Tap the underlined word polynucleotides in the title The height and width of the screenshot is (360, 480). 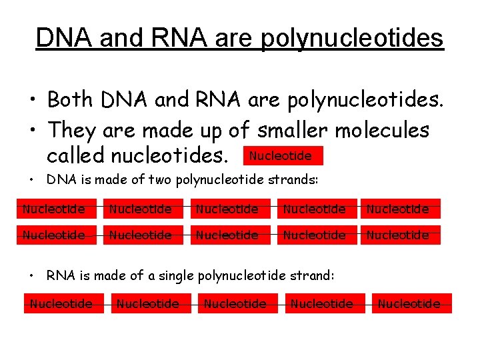pos(352,39)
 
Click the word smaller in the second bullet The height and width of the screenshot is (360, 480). pos(293,129)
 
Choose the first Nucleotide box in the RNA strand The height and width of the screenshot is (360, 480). pos(61,303)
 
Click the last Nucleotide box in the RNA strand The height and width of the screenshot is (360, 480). pos(409,303)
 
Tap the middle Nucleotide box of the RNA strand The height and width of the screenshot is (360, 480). pos(235,303)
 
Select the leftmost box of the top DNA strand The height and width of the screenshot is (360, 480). pos(54,209)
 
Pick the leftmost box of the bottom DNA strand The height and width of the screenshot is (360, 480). pos(54,235)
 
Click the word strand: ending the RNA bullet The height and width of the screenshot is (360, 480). pos(313,275)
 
